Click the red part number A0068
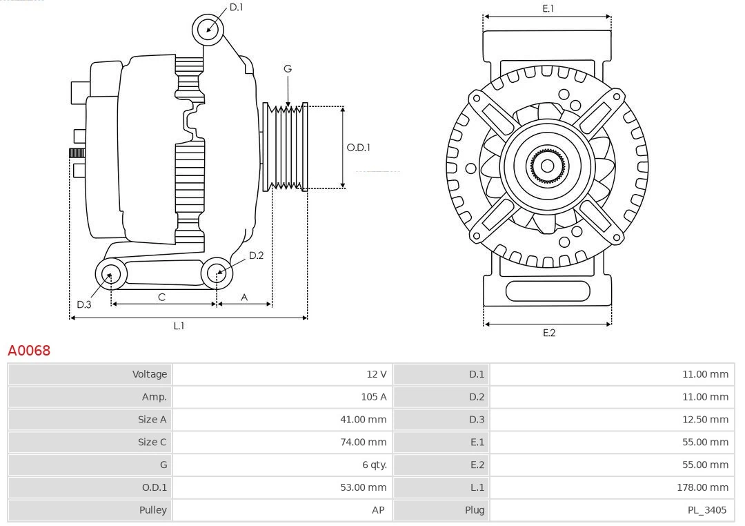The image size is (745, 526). click(29, 351)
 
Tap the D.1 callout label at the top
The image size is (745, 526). click(236, 7)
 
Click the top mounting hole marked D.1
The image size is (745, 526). click(208, 29)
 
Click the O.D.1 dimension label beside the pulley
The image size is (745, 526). click(358, 147)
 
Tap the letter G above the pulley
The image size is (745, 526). click(288, 68)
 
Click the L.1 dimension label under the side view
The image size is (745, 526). click(179, 326)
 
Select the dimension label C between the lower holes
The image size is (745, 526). click(161, 297)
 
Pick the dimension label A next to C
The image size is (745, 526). click(244, 297)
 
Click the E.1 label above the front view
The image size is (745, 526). click(548, 8)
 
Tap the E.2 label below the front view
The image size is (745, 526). click(548, 333)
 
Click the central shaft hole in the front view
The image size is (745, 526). click(547, 166)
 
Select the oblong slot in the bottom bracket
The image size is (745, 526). click(547, 291)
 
